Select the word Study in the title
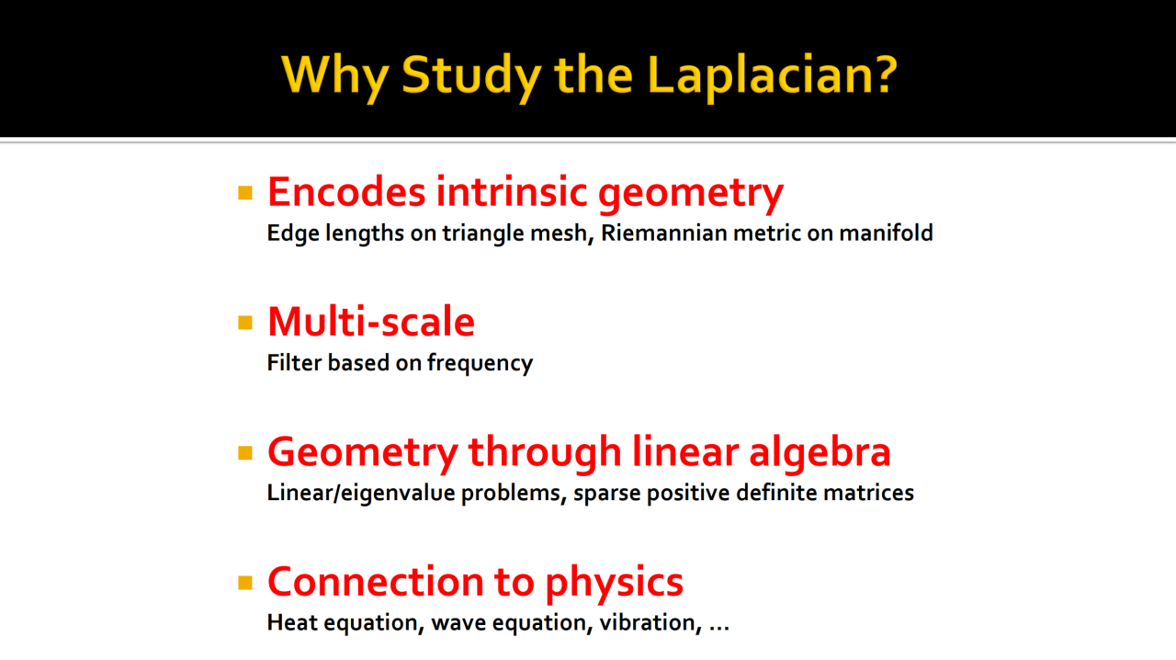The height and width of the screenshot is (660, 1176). tap(471, 76)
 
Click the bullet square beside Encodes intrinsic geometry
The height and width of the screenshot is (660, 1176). tap(245, 193)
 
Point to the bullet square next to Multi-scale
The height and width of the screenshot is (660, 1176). tap(245, 322)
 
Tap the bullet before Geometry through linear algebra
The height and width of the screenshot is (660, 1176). tap(245, 452)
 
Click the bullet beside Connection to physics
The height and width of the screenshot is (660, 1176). tap(245, 582)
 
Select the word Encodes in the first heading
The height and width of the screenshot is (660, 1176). tap(346, 192)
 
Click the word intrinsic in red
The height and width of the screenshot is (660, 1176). tap(512, 191)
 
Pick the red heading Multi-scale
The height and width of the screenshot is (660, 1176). tap(371, 322)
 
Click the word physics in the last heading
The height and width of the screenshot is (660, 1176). tap(615, 584)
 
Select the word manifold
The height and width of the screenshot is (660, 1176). tap(886, 233)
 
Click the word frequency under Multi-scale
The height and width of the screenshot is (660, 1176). tap(480, 364)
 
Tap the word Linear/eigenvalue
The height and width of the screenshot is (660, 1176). tap(361, 494)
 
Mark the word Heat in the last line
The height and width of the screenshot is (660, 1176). tap(292, 622)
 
